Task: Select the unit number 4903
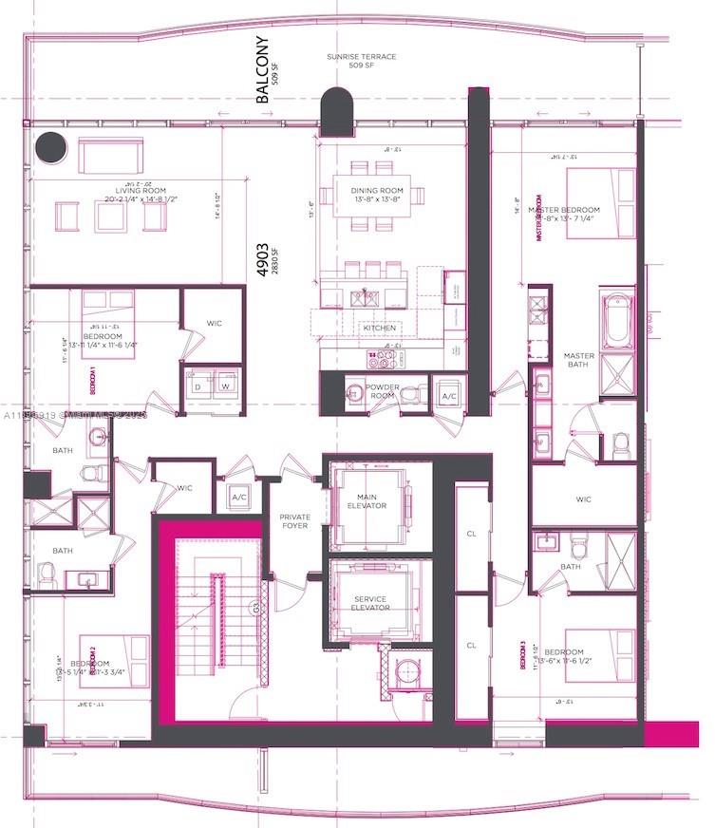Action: (262, 256)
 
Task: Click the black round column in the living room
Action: (49, 149)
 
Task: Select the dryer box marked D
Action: (198, 386)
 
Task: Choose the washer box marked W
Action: (226, 386)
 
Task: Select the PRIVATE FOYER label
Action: (294, 520)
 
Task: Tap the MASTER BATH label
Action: (578, 362)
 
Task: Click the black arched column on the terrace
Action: (335, 111)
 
